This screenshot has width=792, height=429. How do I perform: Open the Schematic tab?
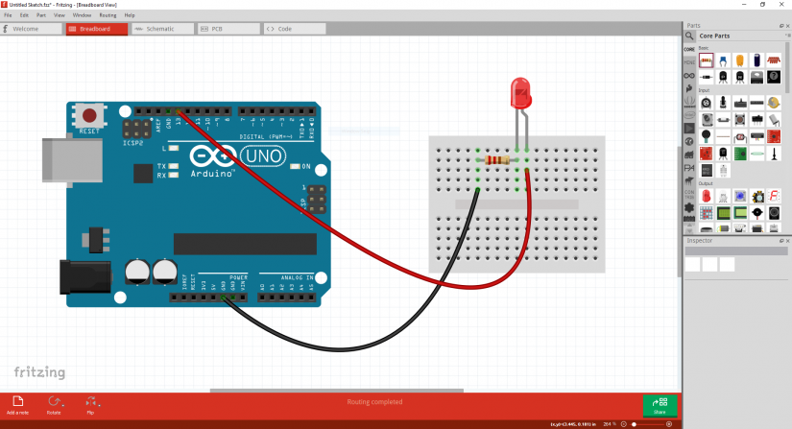(x=160, y=29)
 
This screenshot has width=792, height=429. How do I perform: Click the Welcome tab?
(x=32, y=29)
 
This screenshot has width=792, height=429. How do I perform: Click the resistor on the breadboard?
(x=498, y=160)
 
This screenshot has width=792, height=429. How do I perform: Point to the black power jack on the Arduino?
(x=79, y=278)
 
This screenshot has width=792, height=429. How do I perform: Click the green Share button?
(x=660, y=405)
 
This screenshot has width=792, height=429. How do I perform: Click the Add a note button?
(x=17, y=404)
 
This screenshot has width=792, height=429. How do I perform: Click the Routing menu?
(x=108, y=15)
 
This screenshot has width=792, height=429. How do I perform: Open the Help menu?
(x=130, y=15)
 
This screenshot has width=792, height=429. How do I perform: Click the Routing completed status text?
(x=374, y=402)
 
